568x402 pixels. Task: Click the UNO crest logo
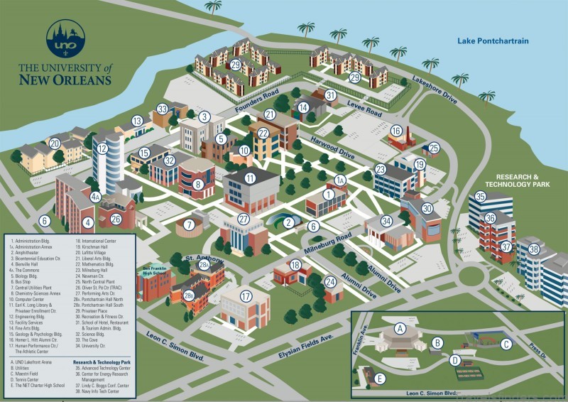coord(65,39)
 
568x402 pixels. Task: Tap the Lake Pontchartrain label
coord(493,41)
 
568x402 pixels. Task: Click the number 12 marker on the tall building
coord(103,148)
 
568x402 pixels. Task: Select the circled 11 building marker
coord(249,178)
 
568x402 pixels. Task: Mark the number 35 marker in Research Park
coord(481,197)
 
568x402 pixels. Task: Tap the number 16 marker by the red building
coord(395,131)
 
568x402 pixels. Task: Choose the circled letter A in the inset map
coord(400,329)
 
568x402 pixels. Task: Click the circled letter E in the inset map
coord(380,379)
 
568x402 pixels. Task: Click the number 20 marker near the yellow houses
coord(55,143)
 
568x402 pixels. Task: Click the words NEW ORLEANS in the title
coord(65,80)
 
